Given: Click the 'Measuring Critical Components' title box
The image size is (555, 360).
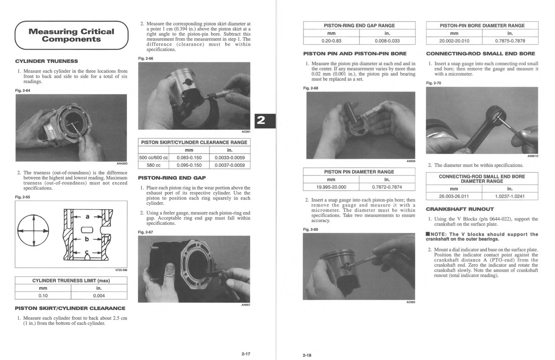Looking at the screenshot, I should click(x=71, y=35).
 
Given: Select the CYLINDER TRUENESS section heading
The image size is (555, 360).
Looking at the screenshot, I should click(x=46, y=61).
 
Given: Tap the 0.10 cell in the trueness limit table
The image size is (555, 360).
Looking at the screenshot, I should click(x=43, y=296).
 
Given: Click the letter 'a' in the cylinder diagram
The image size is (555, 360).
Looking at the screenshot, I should click(x=88, y=216).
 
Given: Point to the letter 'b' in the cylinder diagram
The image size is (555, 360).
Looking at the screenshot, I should click(x=87, y=239).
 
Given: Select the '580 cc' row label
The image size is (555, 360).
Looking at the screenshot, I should click(x=153, y=165).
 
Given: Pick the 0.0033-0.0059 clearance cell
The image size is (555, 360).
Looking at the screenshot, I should click(x=229, y=158).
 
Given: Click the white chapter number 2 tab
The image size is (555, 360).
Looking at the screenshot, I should click(x=261, y=120).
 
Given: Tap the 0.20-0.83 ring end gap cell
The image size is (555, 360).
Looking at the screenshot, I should click(x=331, y=41).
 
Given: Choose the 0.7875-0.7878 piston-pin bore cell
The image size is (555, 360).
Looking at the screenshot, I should click(x=510, y=41).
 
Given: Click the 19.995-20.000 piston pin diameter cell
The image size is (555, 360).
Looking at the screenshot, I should click(x=331, y=187).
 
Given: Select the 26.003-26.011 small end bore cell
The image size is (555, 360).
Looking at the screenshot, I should click(x=454, y=196).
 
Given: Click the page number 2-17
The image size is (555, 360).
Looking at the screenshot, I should click(x=245, y=354).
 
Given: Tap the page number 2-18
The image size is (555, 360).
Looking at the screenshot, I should click(x=307, y=355).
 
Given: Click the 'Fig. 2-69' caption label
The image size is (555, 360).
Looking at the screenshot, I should click(x=310, y=230).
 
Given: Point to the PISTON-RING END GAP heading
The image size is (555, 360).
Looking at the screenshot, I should click(x=172, y=178).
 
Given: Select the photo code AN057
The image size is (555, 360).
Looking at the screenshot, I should click(x=245, y=305).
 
